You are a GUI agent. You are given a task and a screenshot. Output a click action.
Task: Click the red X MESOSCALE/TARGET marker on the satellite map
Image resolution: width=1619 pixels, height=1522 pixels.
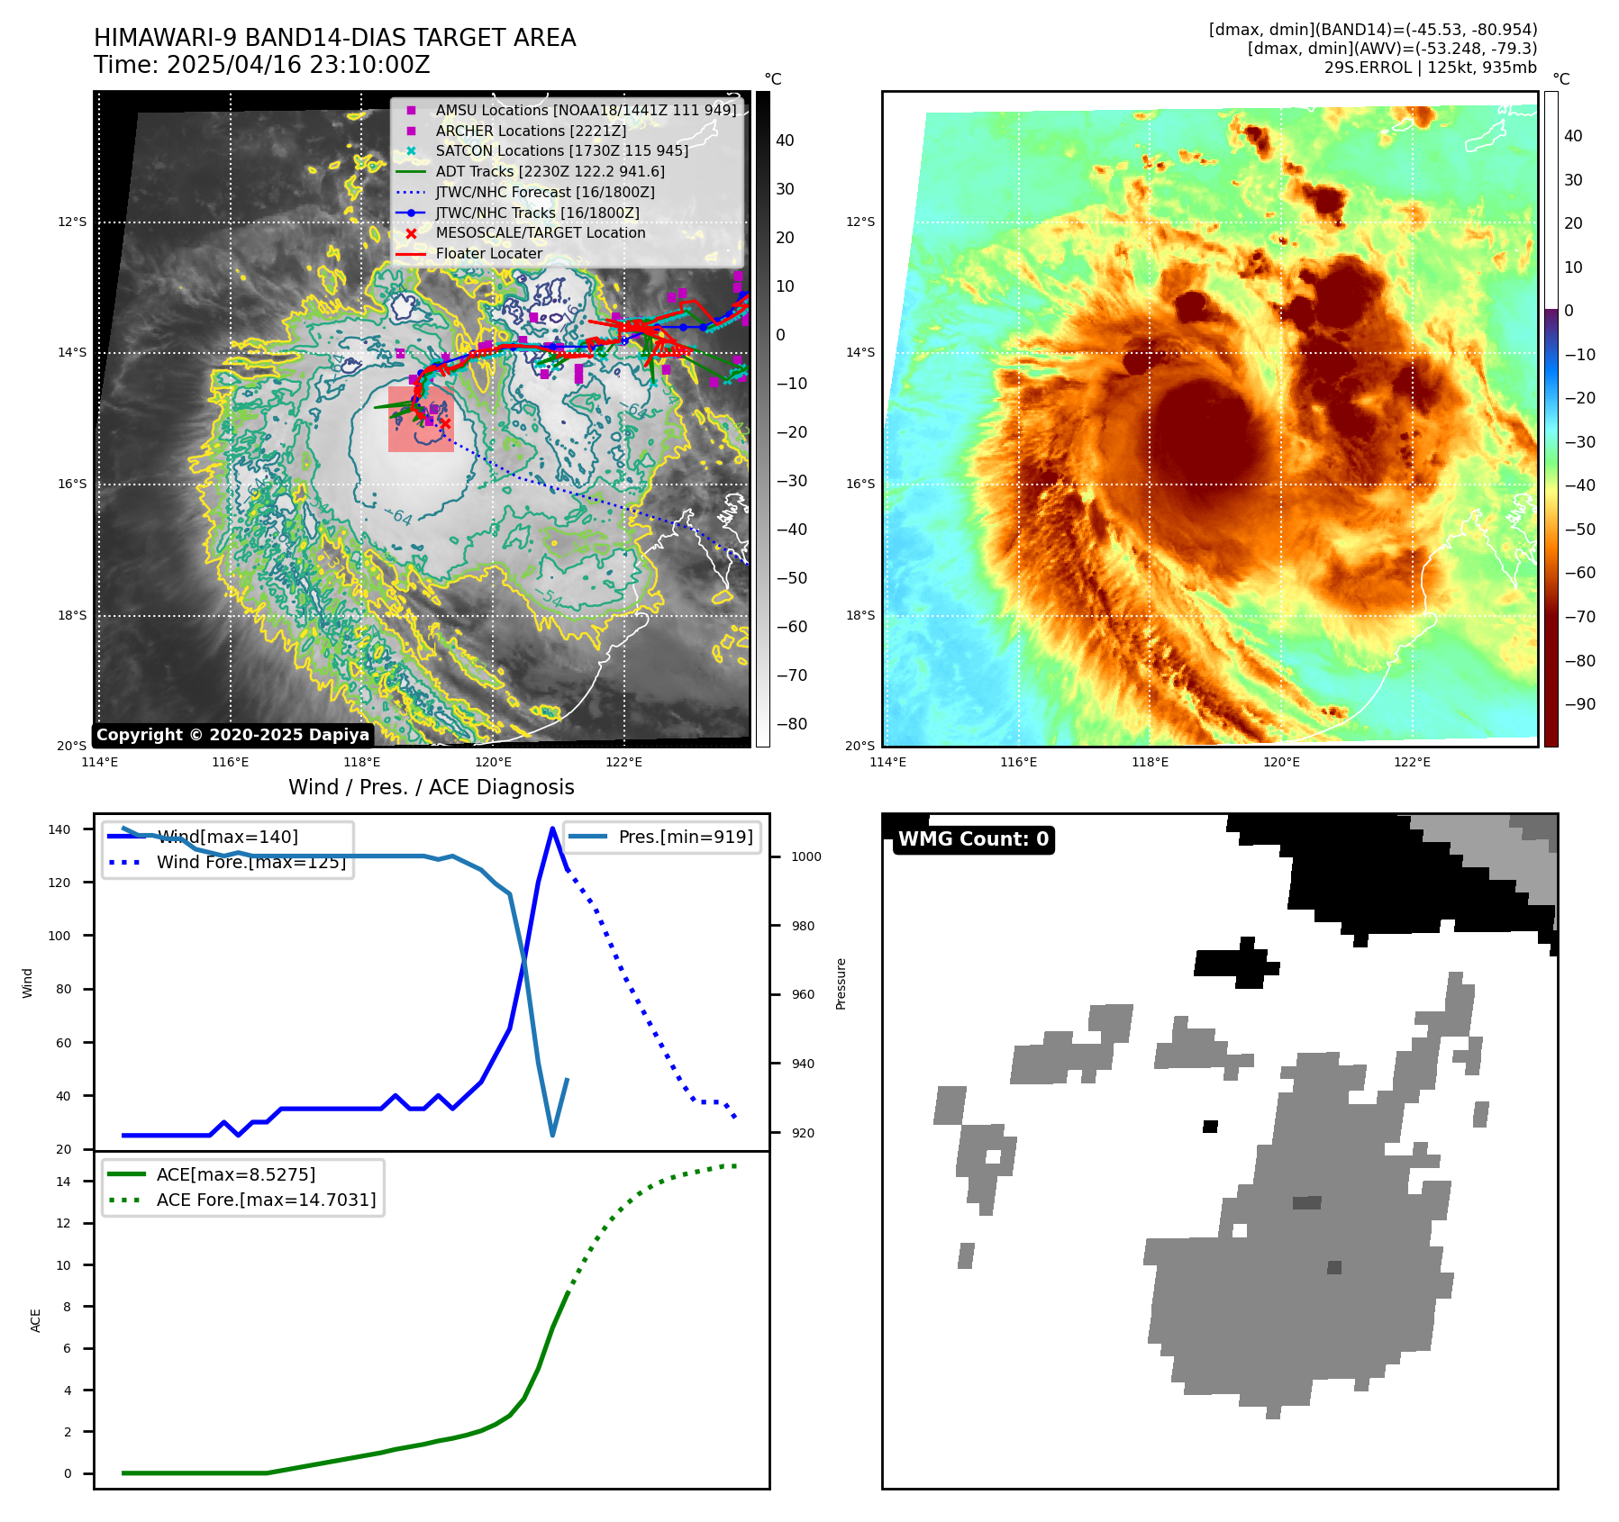[444, 423]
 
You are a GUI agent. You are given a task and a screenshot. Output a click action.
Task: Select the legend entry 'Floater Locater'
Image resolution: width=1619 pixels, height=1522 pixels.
[488, 254]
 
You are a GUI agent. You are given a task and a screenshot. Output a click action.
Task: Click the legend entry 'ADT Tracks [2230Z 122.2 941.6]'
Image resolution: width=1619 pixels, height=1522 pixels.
[550, 171]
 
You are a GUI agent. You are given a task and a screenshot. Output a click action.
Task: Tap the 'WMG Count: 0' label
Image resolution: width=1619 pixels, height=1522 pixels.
[973, 839]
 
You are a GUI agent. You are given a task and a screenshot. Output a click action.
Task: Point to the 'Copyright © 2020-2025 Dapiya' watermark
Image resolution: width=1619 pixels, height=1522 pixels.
[232, 735]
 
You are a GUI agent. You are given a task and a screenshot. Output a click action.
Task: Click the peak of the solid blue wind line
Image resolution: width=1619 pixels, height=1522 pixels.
[552, 829]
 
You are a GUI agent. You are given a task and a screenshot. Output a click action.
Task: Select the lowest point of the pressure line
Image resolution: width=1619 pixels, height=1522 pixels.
[552, 1135]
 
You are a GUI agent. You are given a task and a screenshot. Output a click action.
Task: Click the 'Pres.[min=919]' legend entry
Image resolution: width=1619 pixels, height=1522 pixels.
[685, 837]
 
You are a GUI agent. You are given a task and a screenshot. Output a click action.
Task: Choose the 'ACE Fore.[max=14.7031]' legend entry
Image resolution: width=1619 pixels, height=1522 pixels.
[266, 1200]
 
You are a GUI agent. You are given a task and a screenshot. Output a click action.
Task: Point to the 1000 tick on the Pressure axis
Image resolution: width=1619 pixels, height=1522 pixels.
[805, 856]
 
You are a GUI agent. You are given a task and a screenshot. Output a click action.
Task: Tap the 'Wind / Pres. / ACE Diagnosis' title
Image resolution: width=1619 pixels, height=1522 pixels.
[431, 787]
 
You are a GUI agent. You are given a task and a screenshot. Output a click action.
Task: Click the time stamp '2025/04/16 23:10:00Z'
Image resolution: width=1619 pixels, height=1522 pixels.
[298, 66]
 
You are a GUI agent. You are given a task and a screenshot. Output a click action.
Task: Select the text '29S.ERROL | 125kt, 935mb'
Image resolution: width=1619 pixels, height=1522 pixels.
[1430, 68]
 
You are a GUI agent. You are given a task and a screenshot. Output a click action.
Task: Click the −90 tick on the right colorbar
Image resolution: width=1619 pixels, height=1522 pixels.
[1579, 704]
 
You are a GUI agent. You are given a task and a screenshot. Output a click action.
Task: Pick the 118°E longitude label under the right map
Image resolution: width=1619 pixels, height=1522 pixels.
[1150, 762]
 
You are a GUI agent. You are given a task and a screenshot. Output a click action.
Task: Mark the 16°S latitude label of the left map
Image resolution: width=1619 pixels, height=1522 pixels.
[72, 485]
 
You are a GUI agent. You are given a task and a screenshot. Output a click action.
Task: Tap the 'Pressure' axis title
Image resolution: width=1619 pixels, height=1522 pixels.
[841, 983]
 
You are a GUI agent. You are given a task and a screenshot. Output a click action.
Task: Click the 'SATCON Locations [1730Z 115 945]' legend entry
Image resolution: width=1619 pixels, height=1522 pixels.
[561, 151]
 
